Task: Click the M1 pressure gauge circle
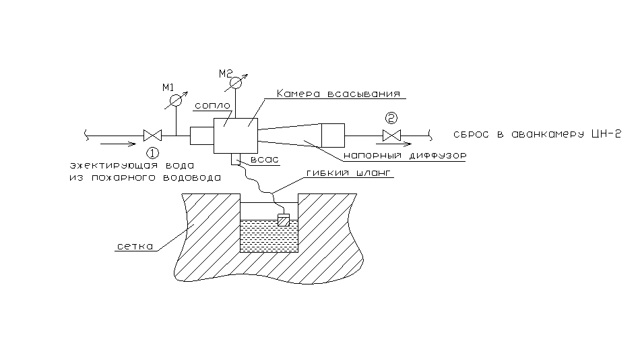click(175, 100)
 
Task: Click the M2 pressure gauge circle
click(235, 82)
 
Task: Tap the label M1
click(168, 87)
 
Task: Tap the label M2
click(226, 72)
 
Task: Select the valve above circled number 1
click(151, 135)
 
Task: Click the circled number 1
click(154, 152)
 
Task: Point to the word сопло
click(212, 106)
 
